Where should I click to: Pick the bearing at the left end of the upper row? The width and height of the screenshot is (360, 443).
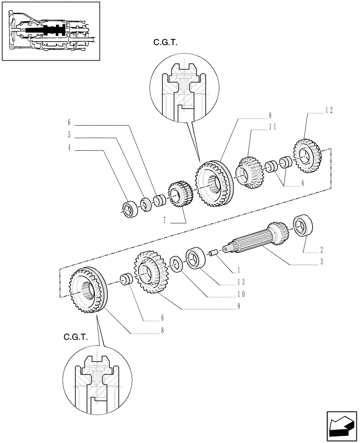point(130,209)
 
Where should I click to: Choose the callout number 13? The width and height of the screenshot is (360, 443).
point(241,281)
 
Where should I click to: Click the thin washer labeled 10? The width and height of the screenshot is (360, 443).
point(176,265)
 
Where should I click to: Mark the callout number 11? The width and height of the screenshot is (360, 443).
point(272,127)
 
